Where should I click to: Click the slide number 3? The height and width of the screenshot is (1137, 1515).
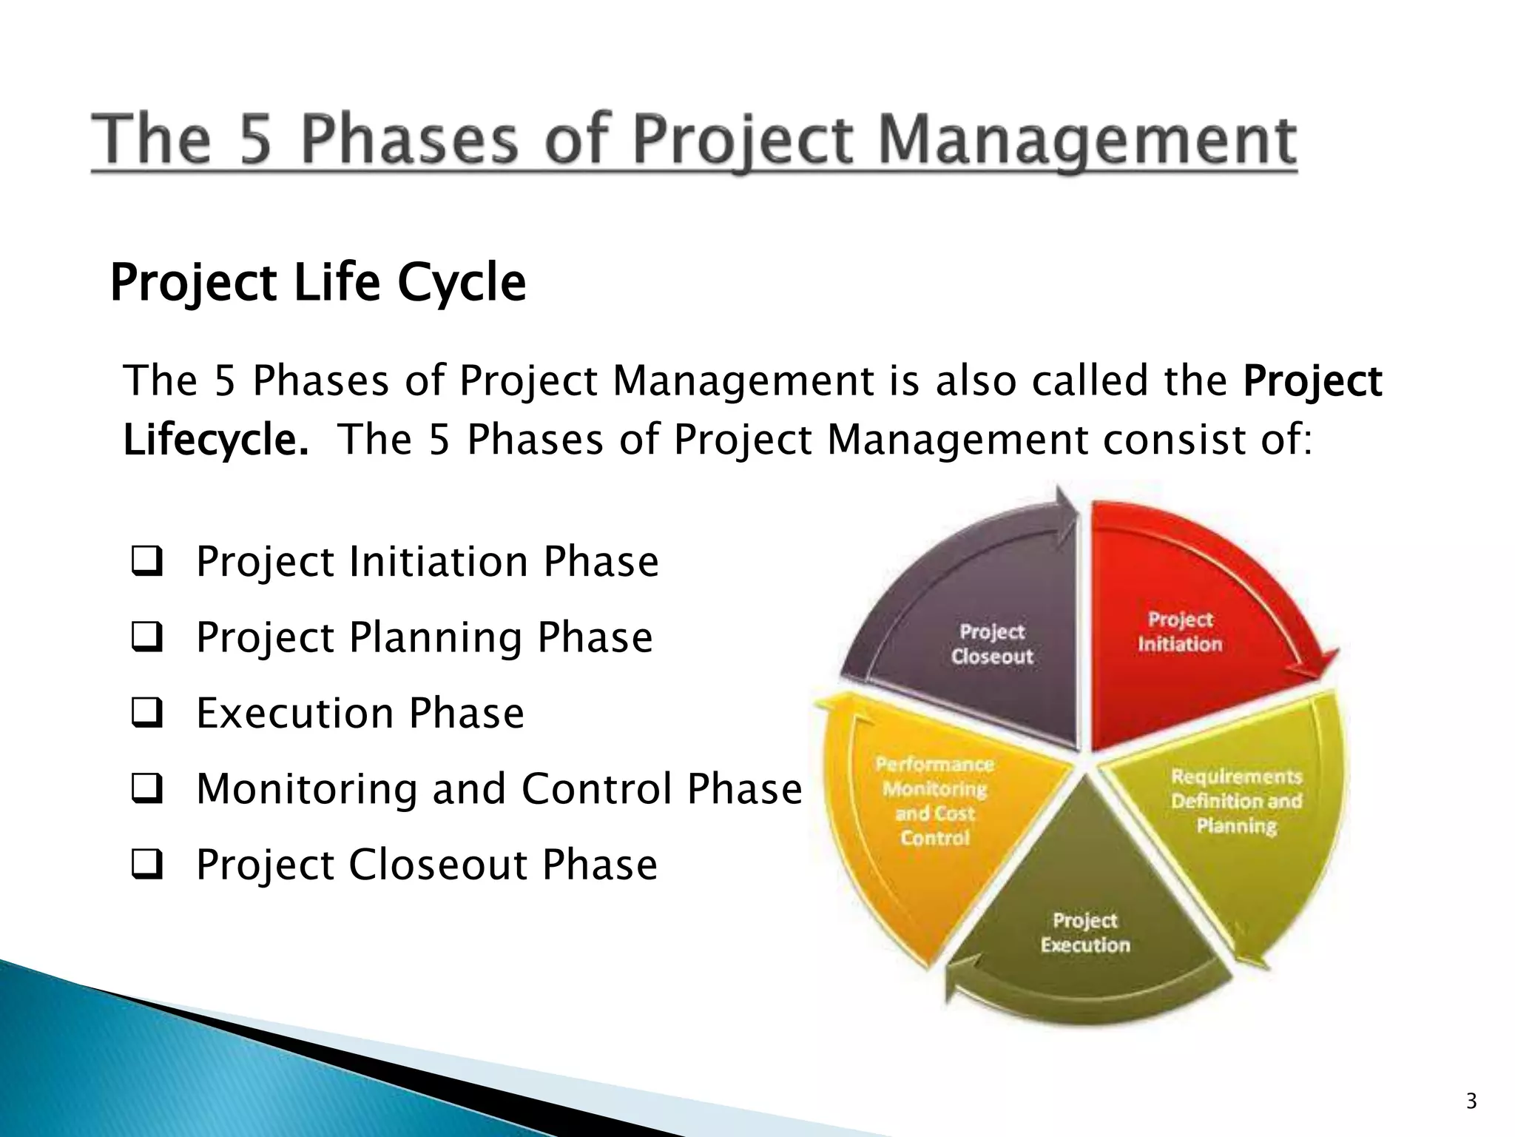tap(1471, 1101)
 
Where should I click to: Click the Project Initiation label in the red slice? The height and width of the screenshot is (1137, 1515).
tap(1180, 631)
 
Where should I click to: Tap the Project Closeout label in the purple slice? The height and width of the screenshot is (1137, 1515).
tap(991, 644)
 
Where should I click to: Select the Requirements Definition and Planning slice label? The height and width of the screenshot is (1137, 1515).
tap(1236, 801)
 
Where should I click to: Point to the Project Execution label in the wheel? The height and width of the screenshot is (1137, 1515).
tap(1085, 932)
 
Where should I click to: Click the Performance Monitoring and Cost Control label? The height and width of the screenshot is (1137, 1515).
tap(935, 801)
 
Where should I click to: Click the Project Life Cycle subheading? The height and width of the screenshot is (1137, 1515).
tap(318, 283)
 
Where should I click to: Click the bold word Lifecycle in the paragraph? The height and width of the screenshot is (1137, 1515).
tap(215, 440)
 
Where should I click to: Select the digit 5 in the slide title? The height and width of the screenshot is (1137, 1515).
tap(256, 141)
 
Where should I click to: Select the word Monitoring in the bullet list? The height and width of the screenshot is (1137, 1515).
tap(306, 789)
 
